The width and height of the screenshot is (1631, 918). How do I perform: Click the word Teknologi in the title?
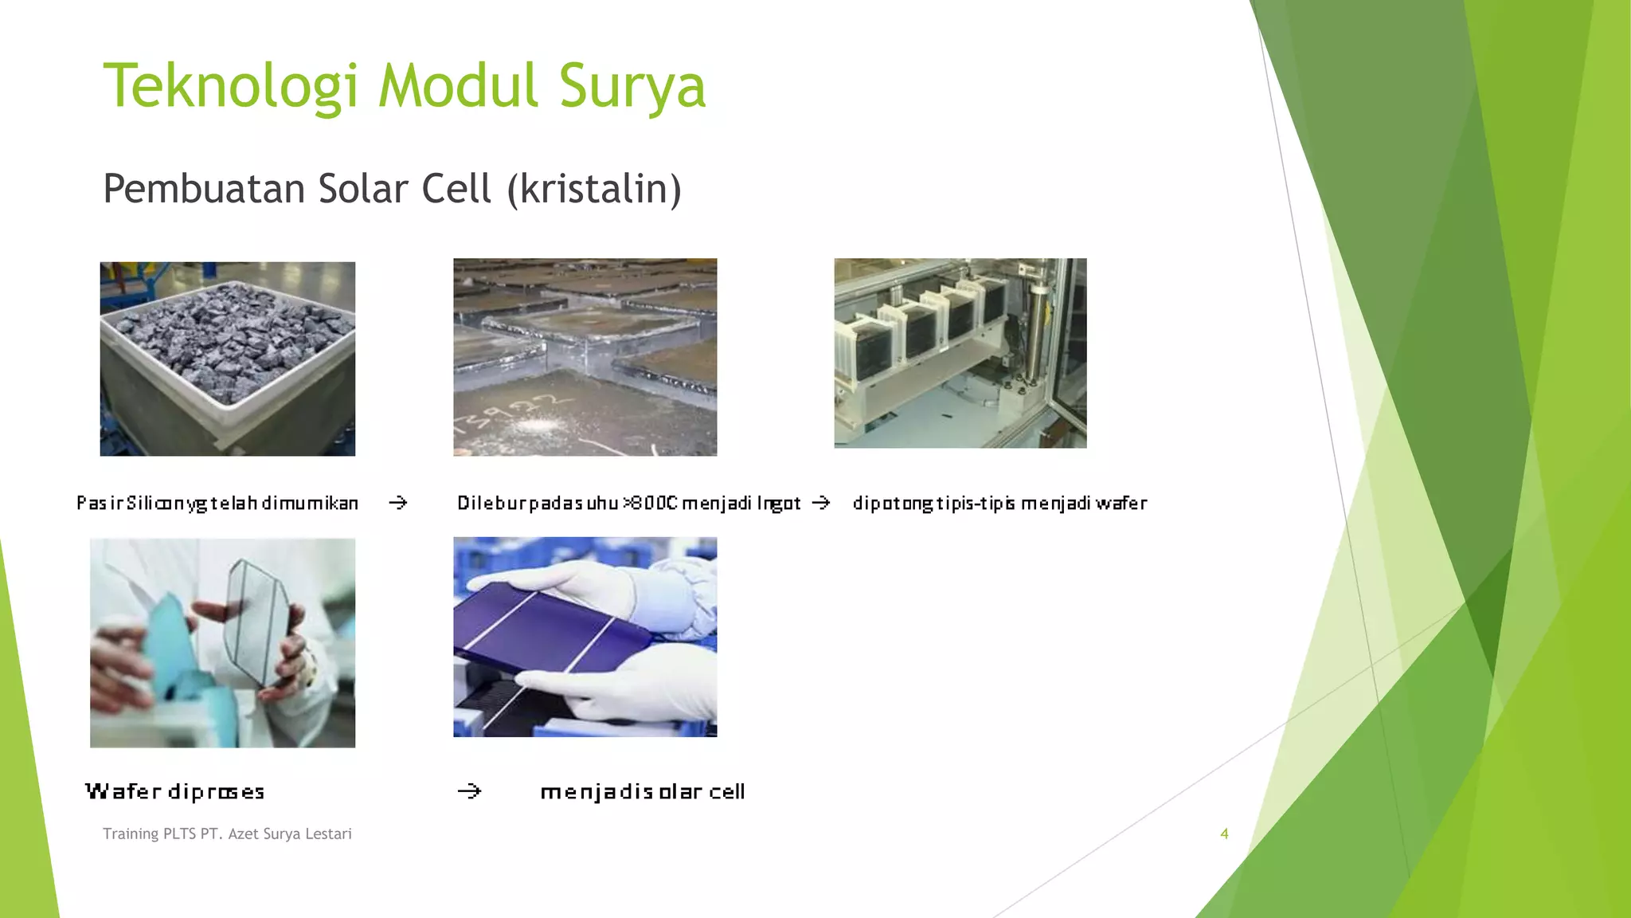pos(231,86)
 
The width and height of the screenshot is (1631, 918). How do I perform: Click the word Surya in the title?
pos(632,86)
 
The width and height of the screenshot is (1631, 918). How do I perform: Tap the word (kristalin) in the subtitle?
pos(594,189)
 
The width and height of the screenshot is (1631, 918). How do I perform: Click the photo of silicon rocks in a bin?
pos(227,359)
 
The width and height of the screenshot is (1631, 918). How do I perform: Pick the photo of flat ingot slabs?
pos(585,356)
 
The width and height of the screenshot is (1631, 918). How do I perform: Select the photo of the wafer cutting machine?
pos(960,352)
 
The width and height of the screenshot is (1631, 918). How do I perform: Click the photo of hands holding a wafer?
pos(222,642)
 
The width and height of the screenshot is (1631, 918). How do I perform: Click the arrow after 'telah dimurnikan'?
pos(397,503)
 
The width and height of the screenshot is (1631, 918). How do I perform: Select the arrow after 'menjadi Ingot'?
pos(820,503)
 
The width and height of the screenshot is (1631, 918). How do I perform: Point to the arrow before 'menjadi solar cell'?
pos(469,791)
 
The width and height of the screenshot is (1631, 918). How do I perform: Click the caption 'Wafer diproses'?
pos(174,791)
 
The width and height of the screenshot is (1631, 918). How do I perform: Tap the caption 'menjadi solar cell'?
pos(642,791)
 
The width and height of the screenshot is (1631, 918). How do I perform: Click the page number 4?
pos(1224,834)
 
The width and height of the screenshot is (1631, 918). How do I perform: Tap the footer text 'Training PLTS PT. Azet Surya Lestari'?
pos(227,834)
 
